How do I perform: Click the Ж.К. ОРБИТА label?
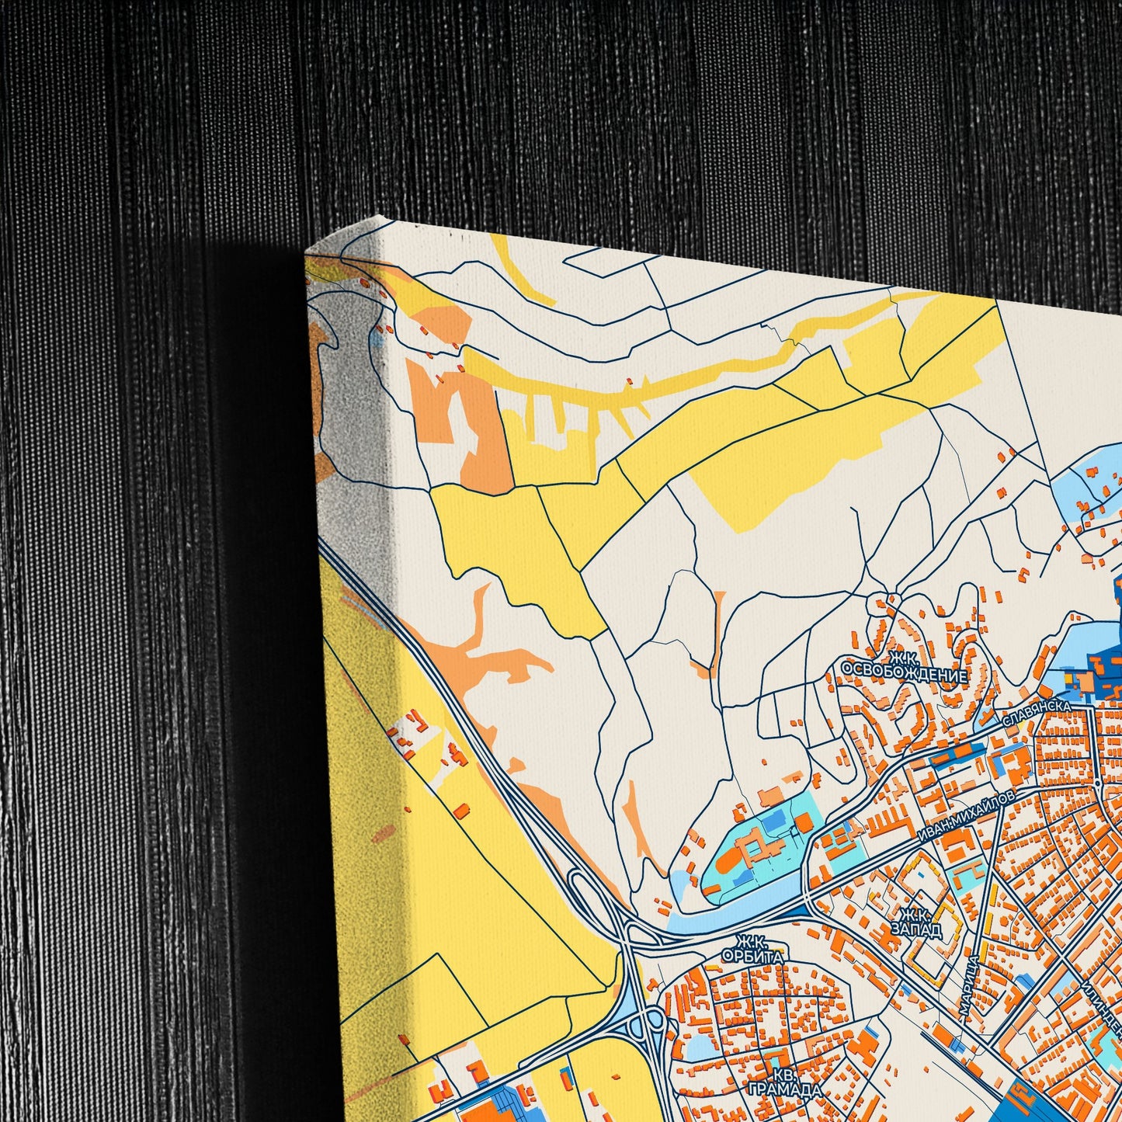pos(752,950)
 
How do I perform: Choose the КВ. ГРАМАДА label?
pos(784,1082)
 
